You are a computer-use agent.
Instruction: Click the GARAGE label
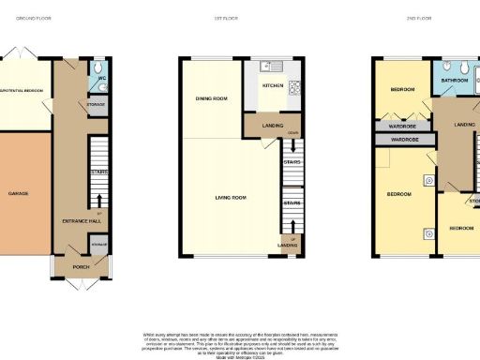pos(18,193)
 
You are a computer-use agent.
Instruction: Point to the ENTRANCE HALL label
pos(75,219)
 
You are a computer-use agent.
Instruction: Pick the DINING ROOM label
pos(212,98)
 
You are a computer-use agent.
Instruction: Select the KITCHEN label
pos(270,85)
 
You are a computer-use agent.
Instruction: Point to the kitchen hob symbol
pos(293,89)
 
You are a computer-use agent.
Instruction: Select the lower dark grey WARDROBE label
pos(405,140)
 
